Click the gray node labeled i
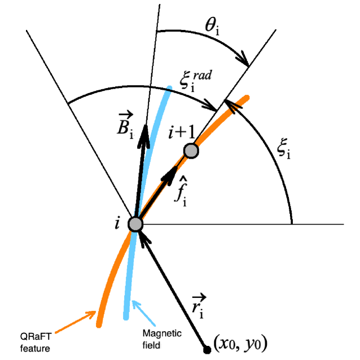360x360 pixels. click(135, 223)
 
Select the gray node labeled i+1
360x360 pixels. click(191, 151)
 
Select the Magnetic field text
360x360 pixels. click(163, 337)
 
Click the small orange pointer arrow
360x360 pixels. click(87, 315)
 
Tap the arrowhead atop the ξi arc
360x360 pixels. click(229, 104)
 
